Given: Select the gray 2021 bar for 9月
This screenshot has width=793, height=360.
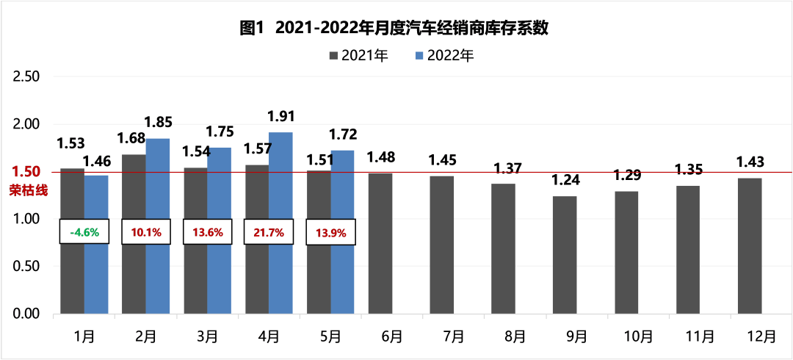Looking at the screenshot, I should pyautogui.click(x=565, y=255).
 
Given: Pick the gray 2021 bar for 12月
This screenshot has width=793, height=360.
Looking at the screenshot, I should pyautogui.click(x=750, y=246).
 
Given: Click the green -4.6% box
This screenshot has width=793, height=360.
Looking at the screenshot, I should pyautogui.click(x=84, y=231).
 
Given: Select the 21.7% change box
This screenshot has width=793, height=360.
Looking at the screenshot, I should pyautogui.click(x=269, y=231).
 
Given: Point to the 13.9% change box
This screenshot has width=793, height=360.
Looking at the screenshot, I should pyautogui.click(x=330, y=231).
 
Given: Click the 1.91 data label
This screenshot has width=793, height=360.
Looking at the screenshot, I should pyautogui.click(x=281, y=116).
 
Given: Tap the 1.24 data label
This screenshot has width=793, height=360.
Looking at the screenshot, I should pyautogui.click(x=565, y=180).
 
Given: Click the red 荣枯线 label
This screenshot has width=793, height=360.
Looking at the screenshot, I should pyautogui.click(x=28, y=190).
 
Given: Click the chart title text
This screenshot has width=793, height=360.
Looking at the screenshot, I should pyautogui.click(x=396, y=29).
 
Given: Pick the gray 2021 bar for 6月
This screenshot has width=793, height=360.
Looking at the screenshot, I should pyautogui.click(x=380, y=244).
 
